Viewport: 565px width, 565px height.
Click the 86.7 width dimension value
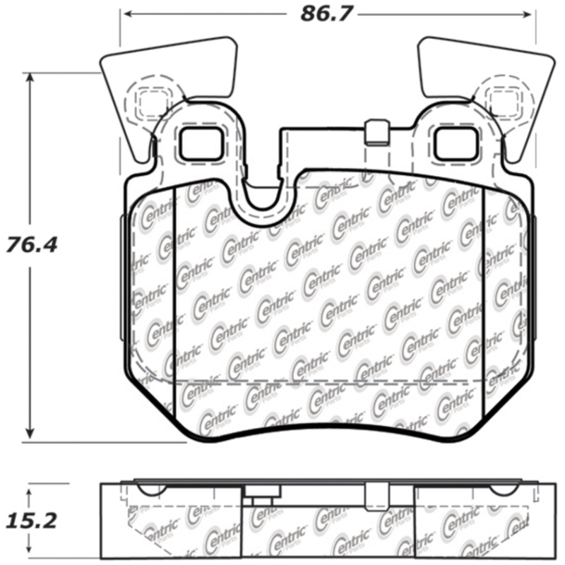326,13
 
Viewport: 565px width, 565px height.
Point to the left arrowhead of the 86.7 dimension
124,13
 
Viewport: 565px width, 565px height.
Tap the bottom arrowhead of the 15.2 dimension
30,552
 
